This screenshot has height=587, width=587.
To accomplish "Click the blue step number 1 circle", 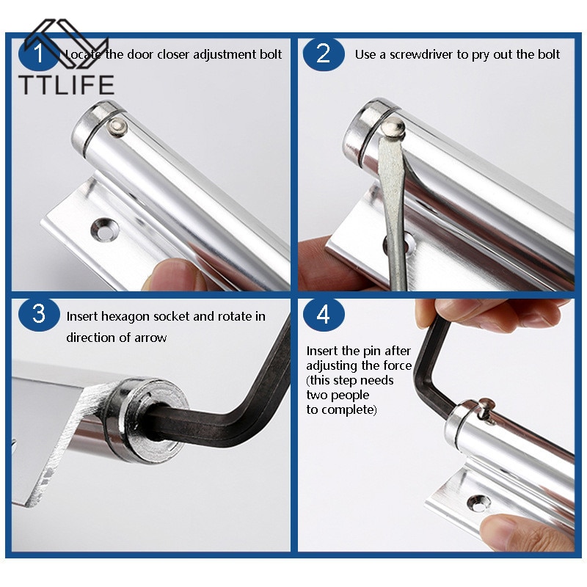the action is click(x=39, y=54).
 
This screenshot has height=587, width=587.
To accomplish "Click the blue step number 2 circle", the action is click(x=324, y=54).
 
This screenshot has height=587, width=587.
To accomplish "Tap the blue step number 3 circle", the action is click(x=39, y=315).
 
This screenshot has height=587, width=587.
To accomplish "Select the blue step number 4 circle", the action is click(x=324, y=315).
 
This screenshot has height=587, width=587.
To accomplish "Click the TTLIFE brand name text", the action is click(x=67, y=84).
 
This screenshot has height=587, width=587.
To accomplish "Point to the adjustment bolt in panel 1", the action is click(x=117, y=127).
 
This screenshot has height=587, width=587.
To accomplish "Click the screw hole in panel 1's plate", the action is click(x=105, y=229).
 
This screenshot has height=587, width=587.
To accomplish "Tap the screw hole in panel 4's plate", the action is click(x=480, y=504).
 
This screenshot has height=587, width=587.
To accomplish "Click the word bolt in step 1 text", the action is click(x=271, y=54).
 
